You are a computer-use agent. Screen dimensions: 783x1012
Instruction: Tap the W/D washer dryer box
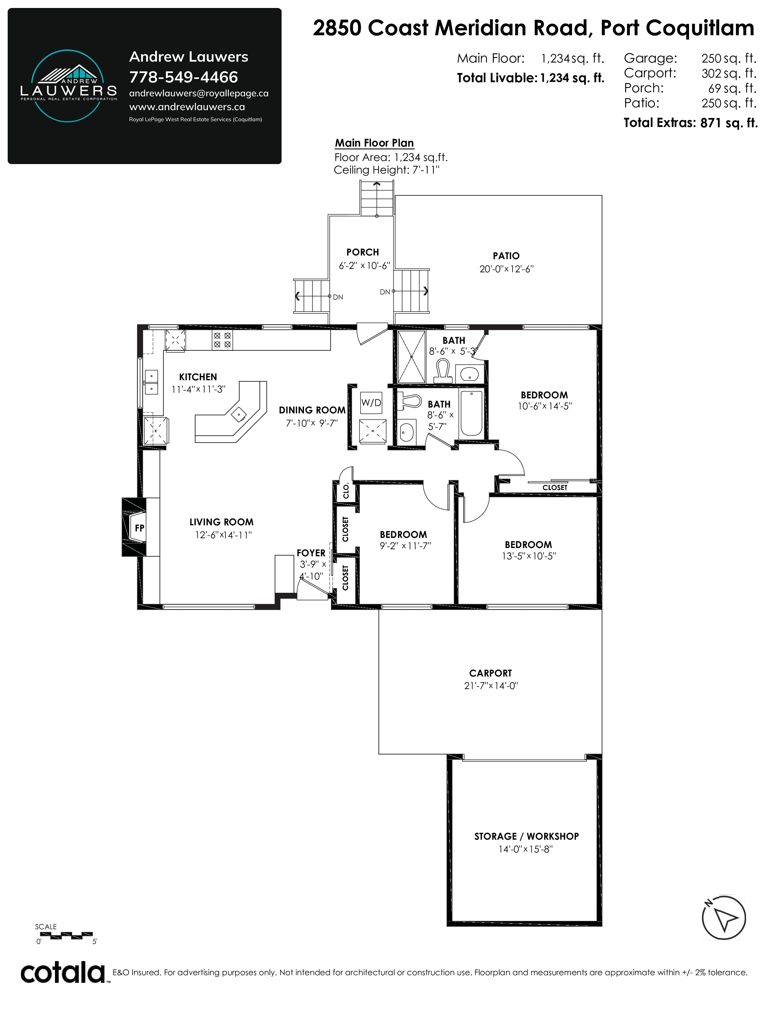pos(372,403)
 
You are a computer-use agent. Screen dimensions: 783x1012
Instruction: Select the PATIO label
pos(506,256)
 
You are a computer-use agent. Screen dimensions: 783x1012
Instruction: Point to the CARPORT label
pos(490,673)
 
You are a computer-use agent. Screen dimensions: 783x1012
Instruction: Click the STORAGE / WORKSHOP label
pos(527,836)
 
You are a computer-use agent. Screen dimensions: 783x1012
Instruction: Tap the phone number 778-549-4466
pos(184,77)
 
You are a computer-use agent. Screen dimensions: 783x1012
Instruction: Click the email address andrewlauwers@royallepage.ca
pos(199,93)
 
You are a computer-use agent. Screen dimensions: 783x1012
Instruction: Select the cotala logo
pos(63,973)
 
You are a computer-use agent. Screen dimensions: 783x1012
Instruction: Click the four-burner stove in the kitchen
pos(222,340)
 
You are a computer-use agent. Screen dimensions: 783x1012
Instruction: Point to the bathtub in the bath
pos(471,413)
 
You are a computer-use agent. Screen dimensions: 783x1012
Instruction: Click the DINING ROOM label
pos(312,410)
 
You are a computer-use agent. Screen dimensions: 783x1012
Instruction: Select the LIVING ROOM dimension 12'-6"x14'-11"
pos(223,535)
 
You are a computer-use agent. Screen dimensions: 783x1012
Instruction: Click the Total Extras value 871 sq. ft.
pos(729,123)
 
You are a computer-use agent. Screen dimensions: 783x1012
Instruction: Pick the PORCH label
pos(363,252)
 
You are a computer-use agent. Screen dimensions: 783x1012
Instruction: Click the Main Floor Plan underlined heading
pos(374,143)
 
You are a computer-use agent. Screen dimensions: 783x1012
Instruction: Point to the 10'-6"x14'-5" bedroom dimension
pos(545,406)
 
